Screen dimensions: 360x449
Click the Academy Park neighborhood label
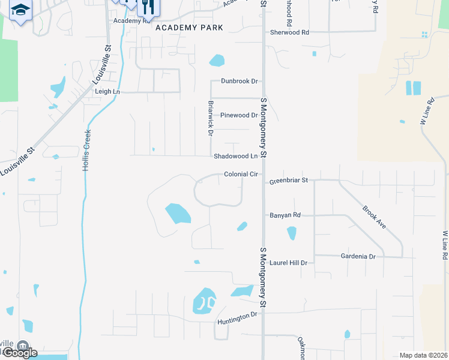(x=189, y=28)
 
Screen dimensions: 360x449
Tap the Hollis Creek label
(x=86, y=151)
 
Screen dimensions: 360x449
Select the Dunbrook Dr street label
(x=239, y=81)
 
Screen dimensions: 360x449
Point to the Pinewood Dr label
(x=239, y=115)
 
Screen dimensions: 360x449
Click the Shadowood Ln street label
(x=235, y=157)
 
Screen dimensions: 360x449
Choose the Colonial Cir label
(x=241, y=175)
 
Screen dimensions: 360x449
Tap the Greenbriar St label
(x=288, y=180)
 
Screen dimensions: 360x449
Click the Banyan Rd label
(x=285, y=215)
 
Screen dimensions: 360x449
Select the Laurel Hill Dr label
(x=288, y=263)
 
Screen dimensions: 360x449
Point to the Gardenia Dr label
(x=358, y=256)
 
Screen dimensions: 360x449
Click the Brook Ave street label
(x=373, y=217)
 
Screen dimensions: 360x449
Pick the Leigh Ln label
(x=107, y=92)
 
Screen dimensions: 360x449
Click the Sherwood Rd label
(x=289, y=32)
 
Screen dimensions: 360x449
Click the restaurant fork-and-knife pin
(x=148, y=7)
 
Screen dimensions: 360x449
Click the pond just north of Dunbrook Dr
(x=217, y=61)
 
